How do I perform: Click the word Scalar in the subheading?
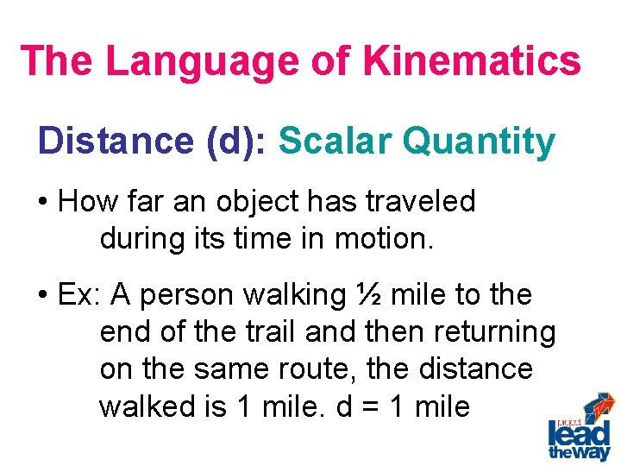pyautogui.click(x=330, y=142)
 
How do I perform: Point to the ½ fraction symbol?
pyautogui.click(x=368, y=295)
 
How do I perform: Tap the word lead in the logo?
pyautogui.click(x=579, y=432)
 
